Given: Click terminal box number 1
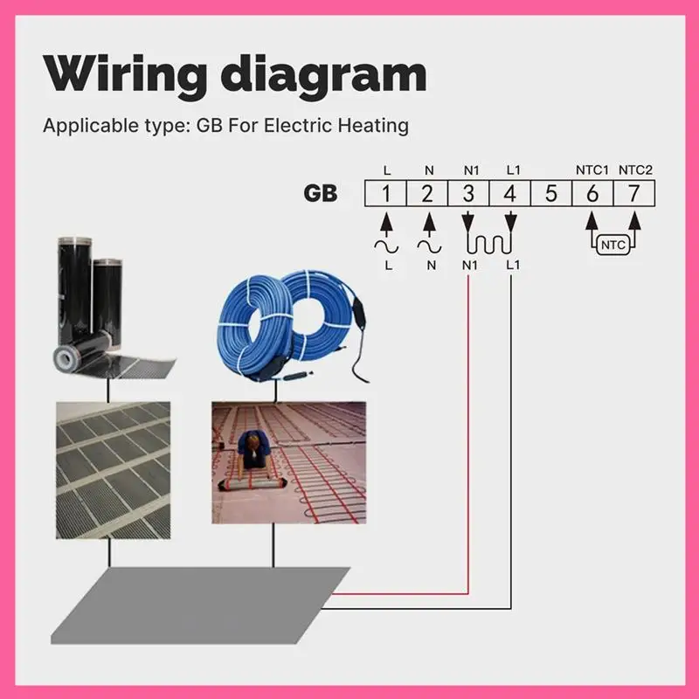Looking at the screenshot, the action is tap(385, 193).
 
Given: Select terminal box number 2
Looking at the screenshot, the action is tap(427, 193).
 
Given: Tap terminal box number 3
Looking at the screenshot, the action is tap(468, 193).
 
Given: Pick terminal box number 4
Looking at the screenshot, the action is tap(509, 193).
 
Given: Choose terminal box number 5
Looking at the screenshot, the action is tap(550, 193).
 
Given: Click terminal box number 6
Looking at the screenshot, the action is tap(592, 193).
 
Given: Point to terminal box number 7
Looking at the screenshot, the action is tap(633, 193).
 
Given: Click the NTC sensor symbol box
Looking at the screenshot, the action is tap(613, 245).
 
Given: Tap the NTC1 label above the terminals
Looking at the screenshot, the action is tap(591, 169).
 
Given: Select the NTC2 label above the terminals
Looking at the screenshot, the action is tap(634, 169).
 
